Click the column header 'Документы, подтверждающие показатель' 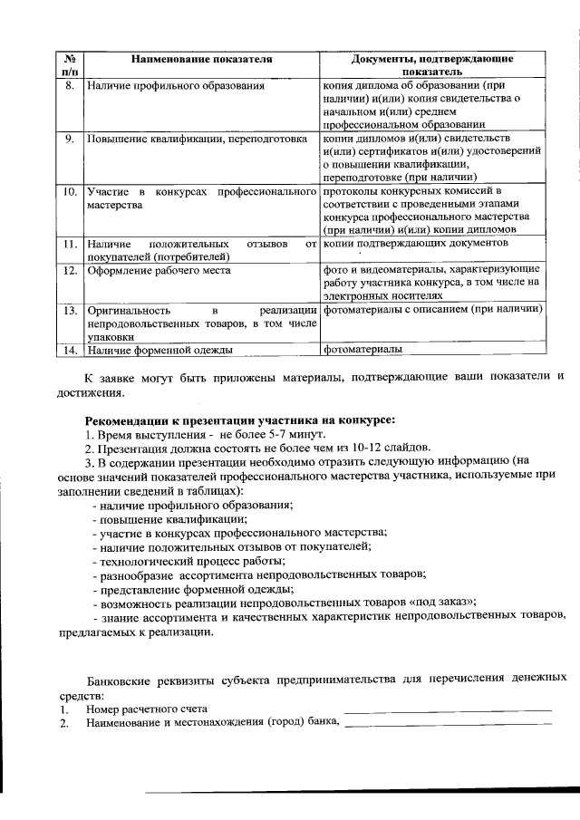coord(431,64)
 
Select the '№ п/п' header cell coord(69,64)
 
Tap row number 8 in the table coord(69,86)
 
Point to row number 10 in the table coord(69,192)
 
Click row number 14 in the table coord(69,349)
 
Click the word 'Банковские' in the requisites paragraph coord(117,678)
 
